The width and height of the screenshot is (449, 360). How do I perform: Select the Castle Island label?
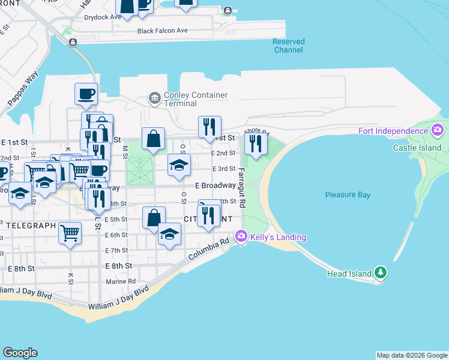pyautogui.click(x=417, y=148)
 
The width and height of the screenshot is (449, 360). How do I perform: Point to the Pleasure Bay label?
pyautogui.click(x=348, y=195)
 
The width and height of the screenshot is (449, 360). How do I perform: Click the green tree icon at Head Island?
pyautogui.click(x=380, y=273)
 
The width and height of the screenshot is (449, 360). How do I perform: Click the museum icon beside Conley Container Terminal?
pyautogui.click(x=154, y=98)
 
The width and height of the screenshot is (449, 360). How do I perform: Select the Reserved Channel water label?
pyautogui.click(x=289, y=46)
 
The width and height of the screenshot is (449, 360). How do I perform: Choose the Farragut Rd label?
pyautogui.click(x=242, y=188)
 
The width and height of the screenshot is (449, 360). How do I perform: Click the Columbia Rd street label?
pyautogui.click(x=209, y=249)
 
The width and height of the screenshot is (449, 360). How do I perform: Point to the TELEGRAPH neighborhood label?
pyautogui.click(x=31, y=226)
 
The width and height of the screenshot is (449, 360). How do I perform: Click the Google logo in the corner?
pyautogui.click(x=20, y=353)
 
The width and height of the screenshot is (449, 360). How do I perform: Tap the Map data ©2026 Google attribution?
pyautogui.click(x=412, y=356)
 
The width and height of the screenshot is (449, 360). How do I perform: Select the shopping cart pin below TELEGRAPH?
pyautogui.click(x=70, y=232)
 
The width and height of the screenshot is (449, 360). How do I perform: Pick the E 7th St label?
pyautogui.click(x=116, y=250)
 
